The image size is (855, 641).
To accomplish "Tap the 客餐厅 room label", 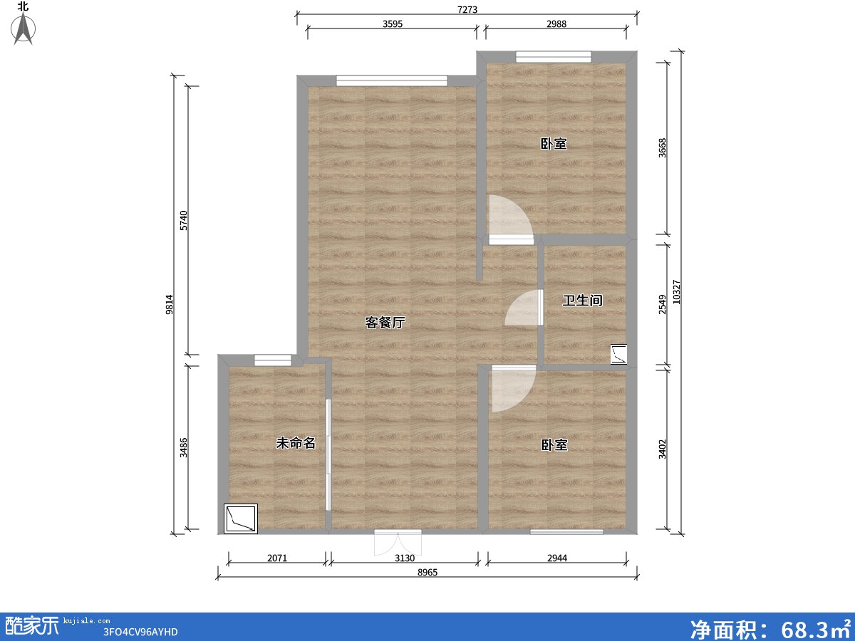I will pyautogui.click(x=385, y=323).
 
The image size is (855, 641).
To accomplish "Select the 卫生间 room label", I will pyautogui.click(x=582, y=301).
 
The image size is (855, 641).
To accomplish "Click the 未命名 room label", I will pyautogui.click(x=295, y=443).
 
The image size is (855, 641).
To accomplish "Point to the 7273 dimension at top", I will pyautogui.click(x=467, y=9).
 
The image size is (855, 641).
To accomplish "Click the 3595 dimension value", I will pyautogui.click(x=393, y=24).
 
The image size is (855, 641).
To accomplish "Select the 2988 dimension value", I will pyautogui.click(x=556, y=24).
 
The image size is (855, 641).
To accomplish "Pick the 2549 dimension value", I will pyautogui.click(x=663, y=305).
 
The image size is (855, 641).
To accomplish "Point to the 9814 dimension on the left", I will pyautogui.click(x=170, y=304).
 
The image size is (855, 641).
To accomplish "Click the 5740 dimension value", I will pyautogui.click(x=184, y=220).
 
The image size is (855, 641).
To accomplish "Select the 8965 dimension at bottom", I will pyautogui.click(x=427, y=572).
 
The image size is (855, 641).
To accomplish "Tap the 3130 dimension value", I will pyautogui.click(x=405, y=558).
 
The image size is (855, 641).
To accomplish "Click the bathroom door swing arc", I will pyautogui.click(x=522, y=309).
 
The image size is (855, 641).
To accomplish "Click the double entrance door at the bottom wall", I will pyautogui.click(x=398, y=543).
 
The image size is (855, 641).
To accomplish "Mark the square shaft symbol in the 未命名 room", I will pyautogui.click(x=241, y=518).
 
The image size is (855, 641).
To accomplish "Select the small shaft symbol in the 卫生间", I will pyautogui.click(x=618, y=354).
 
